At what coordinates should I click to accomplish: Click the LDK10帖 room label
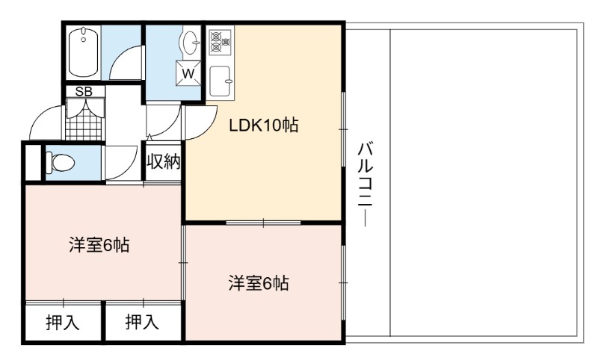coord(263,125)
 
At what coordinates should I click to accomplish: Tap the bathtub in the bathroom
coord(84,52)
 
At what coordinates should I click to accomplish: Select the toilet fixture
coord(60,163)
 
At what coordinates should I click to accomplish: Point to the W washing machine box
coord(188,72)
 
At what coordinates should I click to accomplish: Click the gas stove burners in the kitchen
coord(220,41)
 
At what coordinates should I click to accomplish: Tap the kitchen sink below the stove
coord(221,81)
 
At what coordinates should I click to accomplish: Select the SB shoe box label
coord(84,91)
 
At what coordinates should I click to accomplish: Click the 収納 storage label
coord(164,161)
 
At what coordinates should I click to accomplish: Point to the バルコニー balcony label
coord(365,184)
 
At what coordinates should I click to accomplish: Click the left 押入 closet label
coord(63,323)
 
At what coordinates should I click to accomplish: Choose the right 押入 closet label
coord(142,322)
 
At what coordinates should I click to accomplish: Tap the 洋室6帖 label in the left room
coord(99,245)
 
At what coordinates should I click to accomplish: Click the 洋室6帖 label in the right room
coord(259,283)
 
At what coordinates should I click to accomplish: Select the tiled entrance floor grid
coord(84,120)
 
